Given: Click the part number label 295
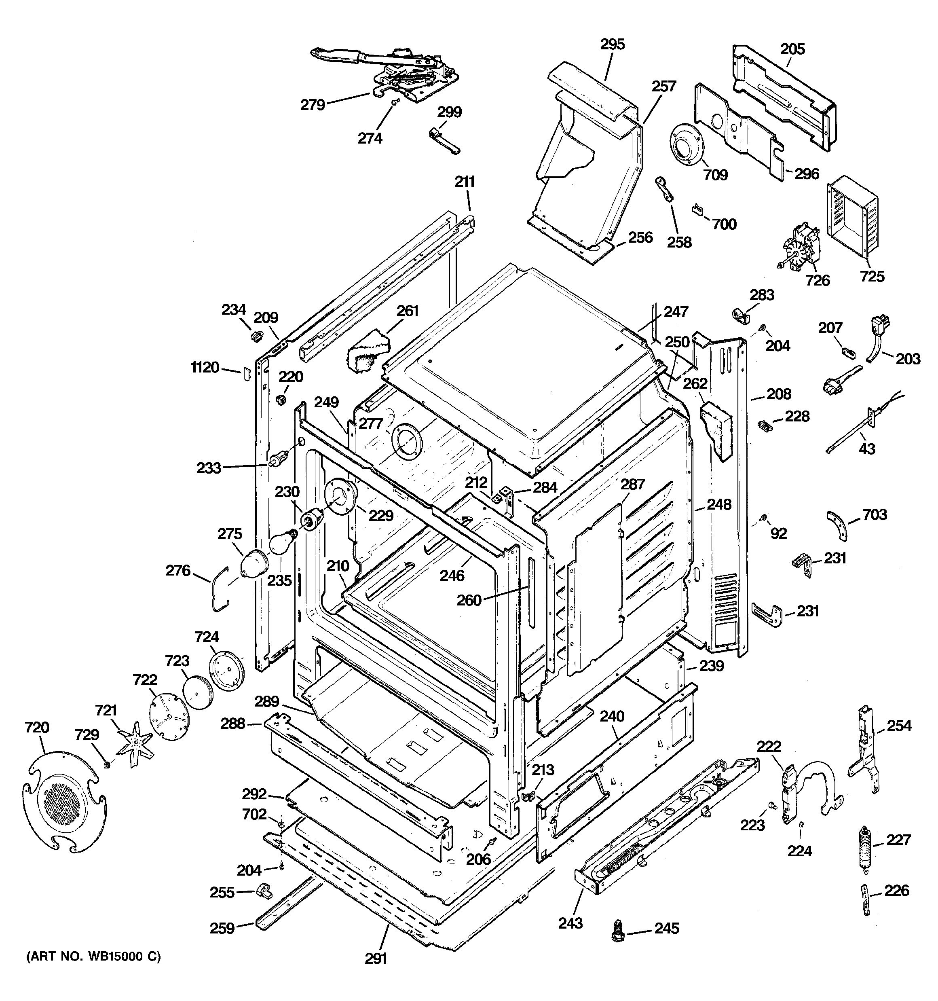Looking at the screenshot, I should pyautogui.click(x=612, y=44).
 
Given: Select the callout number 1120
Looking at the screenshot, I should pyautogui.click(x=205, y=368).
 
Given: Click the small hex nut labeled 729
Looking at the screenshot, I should pyautogui.click(x=106, y=765).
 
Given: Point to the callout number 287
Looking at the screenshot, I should pyautogui.click(x=633, y=485).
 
